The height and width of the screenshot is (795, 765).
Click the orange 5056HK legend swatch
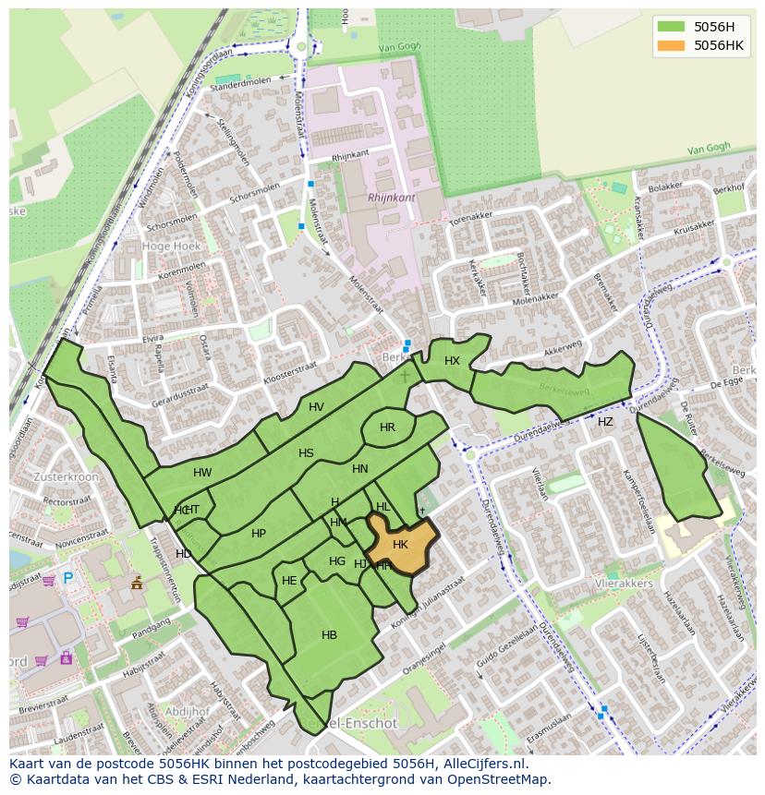(672, 45)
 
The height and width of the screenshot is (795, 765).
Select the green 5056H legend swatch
(672, 27)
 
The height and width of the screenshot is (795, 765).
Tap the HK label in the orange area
(400, 545)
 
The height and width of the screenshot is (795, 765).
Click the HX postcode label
(452, 361)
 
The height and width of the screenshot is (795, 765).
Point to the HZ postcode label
(605, 422)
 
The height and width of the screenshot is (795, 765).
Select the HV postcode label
(316, 407)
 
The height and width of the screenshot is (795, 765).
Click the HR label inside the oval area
(387, 428)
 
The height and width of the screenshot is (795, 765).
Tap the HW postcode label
(202, 473)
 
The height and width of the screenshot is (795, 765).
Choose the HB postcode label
(329, 634)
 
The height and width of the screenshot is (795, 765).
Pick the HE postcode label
(289, 581)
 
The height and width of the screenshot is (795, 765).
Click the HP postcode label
(259, 534)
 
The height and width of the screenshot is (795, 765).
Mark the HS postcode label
(306, 453)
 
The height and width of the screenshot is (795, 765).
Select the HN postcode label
(360, 469)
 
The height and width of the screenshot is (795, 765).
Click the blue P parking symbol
(67, 579)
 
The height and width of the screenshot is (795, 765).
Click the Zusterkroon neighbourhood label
(66, 476)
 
